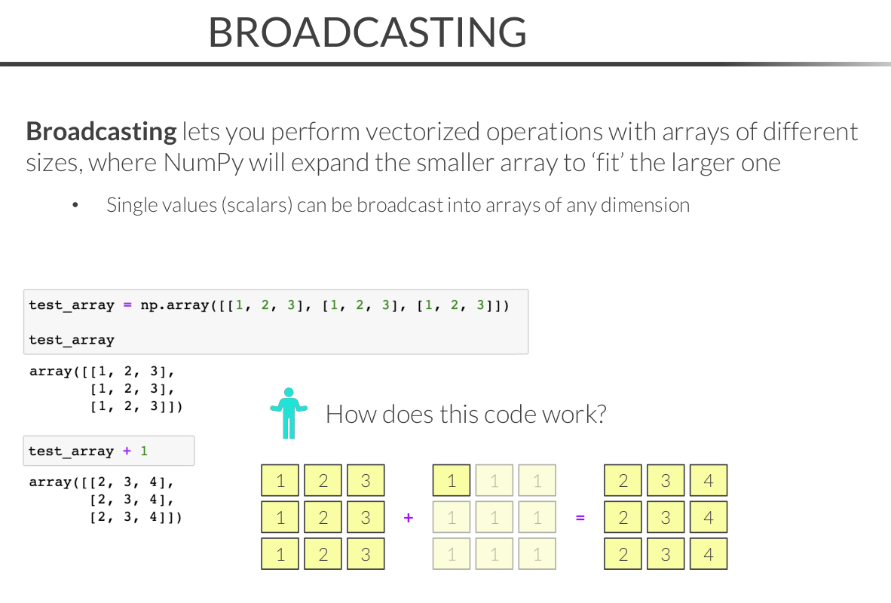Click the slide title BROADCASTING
point(367,32)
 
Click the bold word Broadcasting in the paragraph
point(101,132)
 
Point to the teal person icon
point(289,413)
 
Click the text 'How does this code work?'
point(466,414)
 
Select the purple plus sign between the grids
point(409,518)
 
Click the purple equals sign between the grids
point(580,518)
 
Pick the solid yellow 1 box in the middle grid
point(452,481)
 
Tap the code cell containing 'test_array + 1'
point(109,451)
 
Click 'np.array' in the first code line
point(170,305)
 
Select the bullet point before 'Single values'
point(75,205)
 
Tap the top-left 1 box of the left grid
point(280,481)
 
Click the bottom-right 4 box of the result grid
point(708,554)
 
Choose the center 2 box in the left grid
point(323,518)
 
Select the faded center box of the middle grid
point(494,518)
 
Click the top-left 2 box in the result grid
point(623,481)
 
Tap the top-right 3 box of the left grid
point(366,481)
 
